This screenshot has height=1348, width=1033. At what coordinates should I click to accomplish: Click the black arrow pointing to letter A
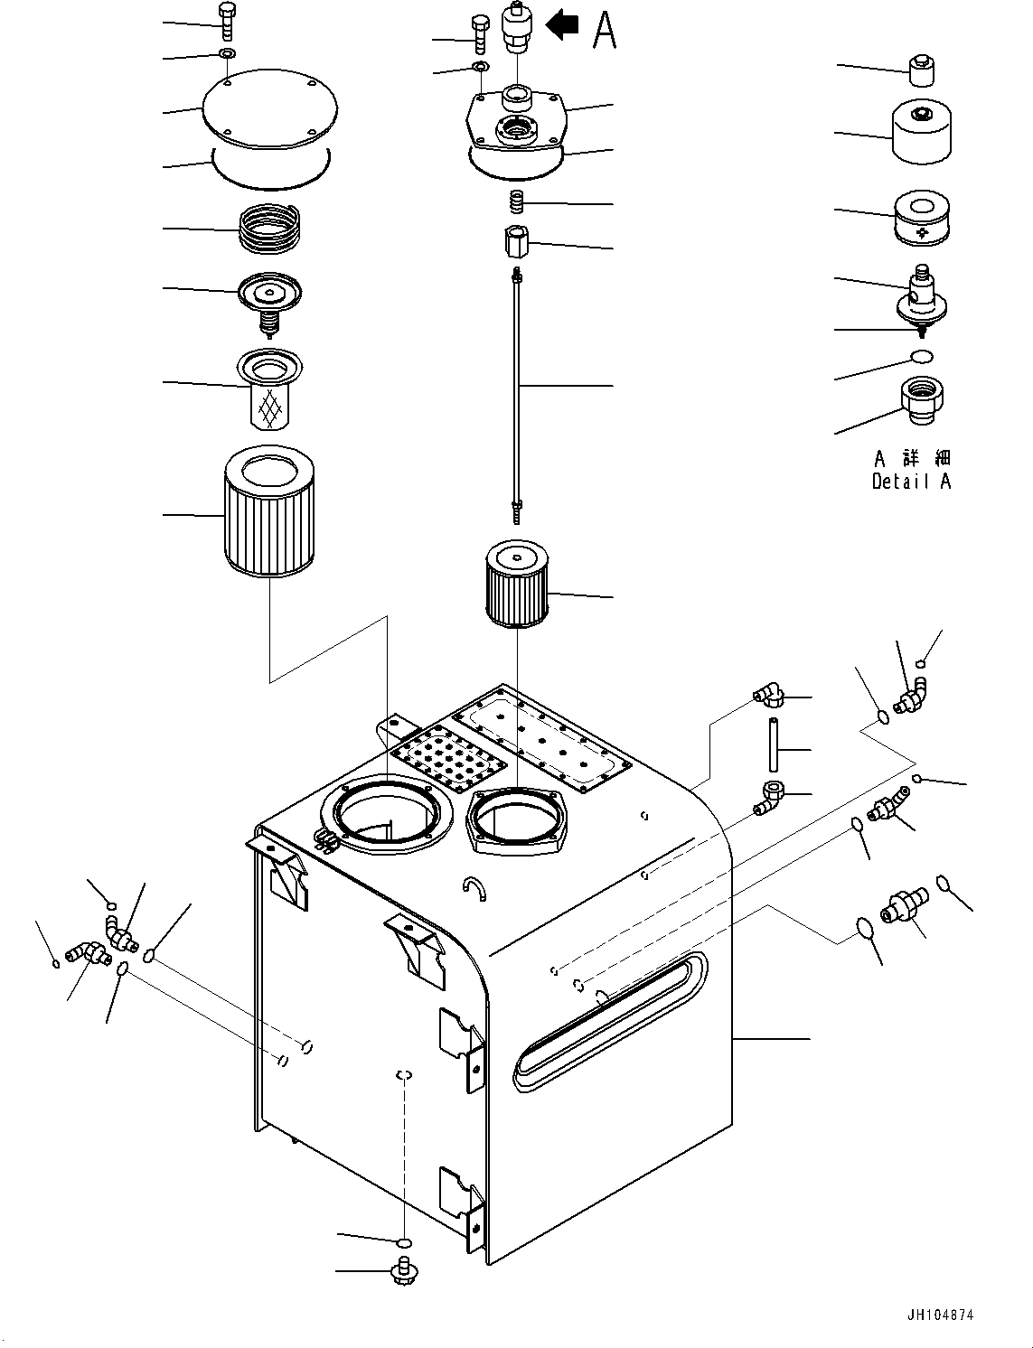tap(563, 24)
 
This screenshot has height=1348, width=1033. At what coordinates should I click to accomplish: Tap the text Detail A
tap(911, 482)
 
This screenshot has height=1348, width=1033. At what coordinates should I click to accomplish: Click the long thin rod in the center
tap(517, 388)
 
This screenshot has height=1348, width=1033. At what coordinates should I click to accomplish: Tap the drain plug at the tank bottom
tap(404, 1271)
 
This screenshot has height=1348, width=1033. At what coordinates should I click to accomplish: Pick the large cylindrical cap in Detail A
tap(921, 132)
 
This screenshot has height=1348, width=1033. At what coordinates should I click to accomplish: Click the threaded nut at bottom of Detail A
tap(921, 401)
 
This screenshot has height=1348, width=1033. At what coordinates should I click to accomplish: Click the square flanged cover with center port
tap(517, 123)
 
